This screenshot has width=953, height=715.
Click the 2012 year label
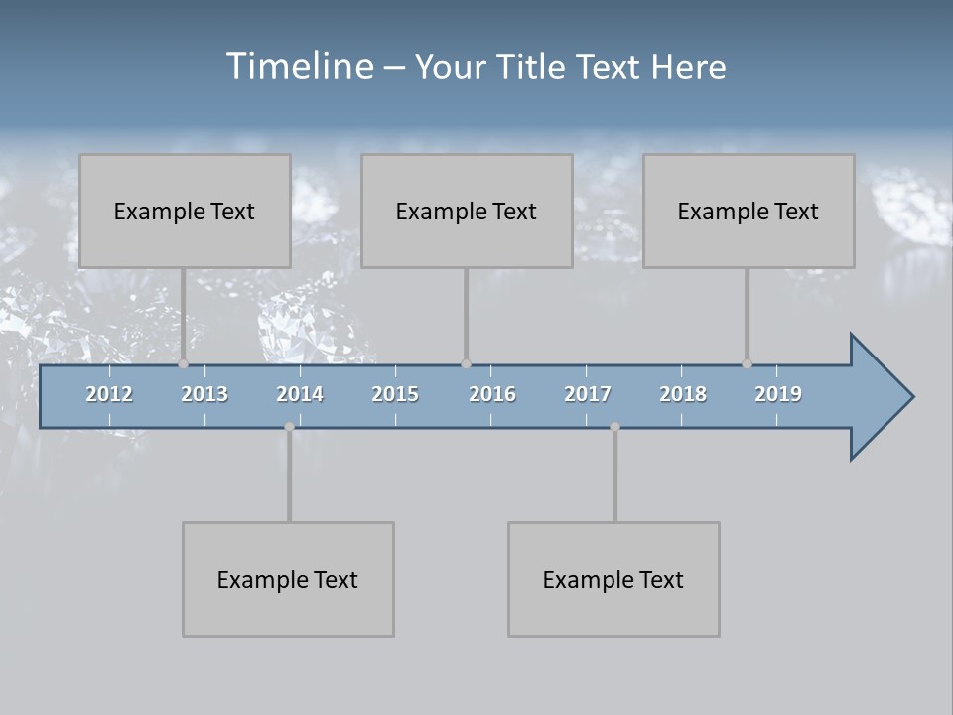pos(109,394)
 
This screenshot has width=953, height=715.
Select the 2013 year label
pos(204,394)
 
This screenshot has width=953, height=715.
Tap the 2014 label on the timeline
pos(300,394)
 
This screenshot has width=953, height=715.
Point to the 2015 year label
pos(395,394)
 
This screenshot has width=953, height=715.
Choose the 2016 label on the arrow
pos(492,394)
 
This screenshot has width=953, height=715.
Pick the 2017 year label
pos(588,394)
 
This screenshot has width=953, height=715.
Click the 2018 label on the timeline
pos(683,394)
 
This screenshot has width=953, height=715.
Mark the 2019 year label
pos(778,394)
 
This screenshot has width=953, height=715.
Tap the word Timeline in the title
pos(297,67)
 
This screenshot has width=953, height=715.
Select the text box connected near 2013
pos(185,211)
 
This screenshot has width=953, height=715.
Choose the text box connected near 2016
pos(467,211)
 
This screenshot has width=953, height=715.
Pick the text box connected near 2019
pos(749,211)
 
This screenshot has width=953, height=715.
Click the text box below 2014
pos(288,579)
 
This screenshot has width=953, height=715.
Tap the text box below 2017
pos(613,579)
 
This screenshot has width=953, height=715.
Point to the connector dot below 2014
pos(289,427)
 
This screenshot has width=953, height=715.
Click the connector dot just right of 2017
pos(614,427)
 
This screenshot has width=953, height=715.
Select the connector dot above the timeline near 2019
pos(747,363)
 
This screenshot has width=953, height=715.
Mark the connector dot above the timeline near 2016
pos(466,363)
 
